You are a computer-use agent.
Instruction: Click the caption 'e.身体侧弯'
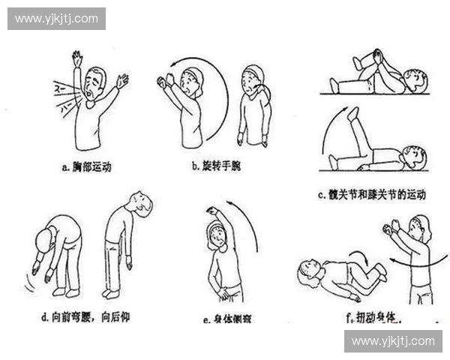[x=228, y=319]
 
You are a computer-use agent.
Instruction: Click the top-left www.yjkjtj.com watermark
[x=56, y=18]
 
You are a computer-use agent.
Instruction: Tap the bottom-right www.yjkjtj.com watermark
[x=392, y=341]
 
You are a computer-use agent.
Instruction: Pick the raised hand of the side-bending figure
[x=212, y=212]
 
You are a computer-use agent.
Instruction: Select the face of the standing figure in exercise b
[x=251, y=81]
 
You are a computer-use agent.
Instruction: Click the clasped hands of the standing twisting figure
[x=390, y=227]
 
